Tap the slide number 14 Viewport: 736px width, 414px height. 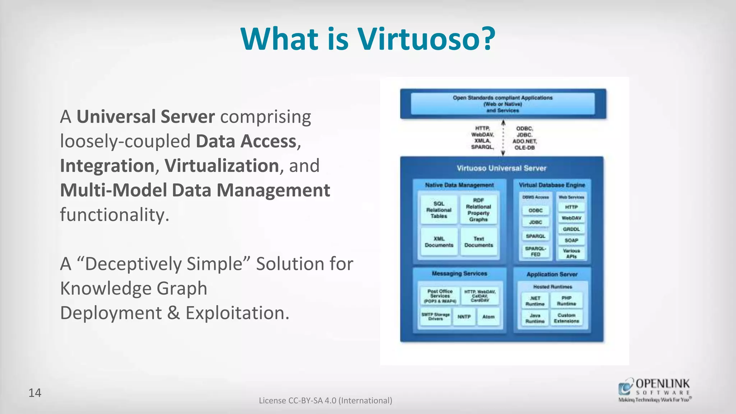tap(35, 393)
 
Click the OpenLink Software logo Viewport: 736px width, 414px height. tap(654, 390)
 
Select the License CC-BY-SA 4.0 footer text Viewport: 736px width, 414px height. tap(325, 400)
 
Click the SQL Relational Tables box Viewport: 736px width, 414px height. tap(439, 210)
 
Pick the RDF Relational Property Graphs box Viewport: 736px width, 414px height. tap(478, 210)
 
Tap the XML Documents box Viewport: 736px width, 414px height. tap(439, 242)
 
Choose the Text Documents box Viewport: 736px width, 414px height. tap(479, 242)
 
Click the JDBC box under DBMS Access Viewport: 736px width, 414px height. tap(535, 222)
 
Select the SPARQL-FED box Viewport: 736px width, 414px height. tap(535, 251)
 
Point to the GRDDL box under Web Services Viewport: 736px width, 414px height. tap(571, 229)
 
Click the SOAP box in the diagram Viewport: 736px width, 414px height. tap(571, 240)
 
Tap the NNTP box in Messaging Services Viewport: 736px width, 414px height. tap(464, 317)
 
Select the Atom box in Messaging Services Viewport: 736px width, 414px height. tap(488, 317)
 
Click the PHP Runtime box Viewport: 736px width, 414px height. tap(566, 301)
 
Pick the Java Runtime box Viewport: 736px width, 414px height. tap(535, 318)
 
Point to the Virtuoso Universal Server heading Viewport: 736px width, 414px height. tap(501, 168)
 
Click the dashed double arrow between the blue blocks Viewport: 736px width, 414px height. tap(503, 138)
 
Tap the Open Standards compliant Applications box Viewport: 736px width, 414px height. tap(502, 104)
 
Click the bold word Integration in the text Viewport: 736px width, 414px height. tap(107, 166)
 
